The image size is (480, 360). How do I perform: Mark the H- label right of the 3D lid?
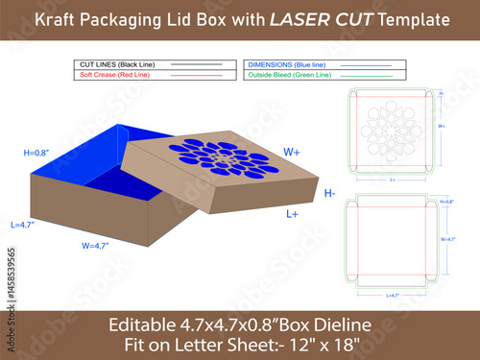pos(329,194)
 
